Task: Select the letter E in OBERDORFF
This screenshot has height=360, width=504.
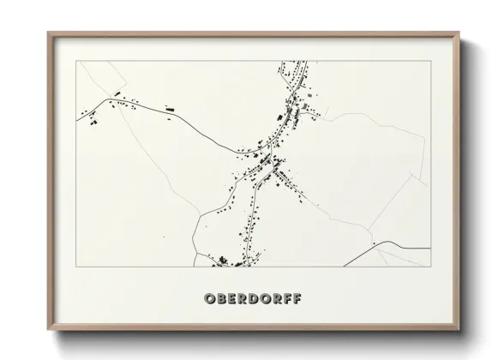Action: (x=232, y=299)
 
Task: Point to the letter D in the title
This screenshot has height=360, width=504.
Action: (x=256, y=299)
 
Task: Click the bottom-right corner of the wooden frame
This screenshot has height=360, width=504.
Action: (x=459, y=331)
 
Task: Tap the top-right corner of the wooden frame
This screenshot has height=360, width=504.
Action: (x=459, y=33)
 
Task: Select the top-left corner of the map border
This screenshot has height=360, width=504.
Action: (x=76, y=62)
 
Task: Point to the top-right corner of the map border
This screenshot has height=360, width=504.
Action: (x=429, y=62)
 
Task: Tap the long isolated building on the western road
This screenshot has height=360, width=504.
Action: (x=169, y=109)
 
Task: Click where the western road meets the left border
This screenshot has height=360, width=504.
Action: (x=77, y=121)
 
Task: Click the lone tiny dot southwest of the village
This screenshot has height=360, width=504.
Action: (x=164, y=237)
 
